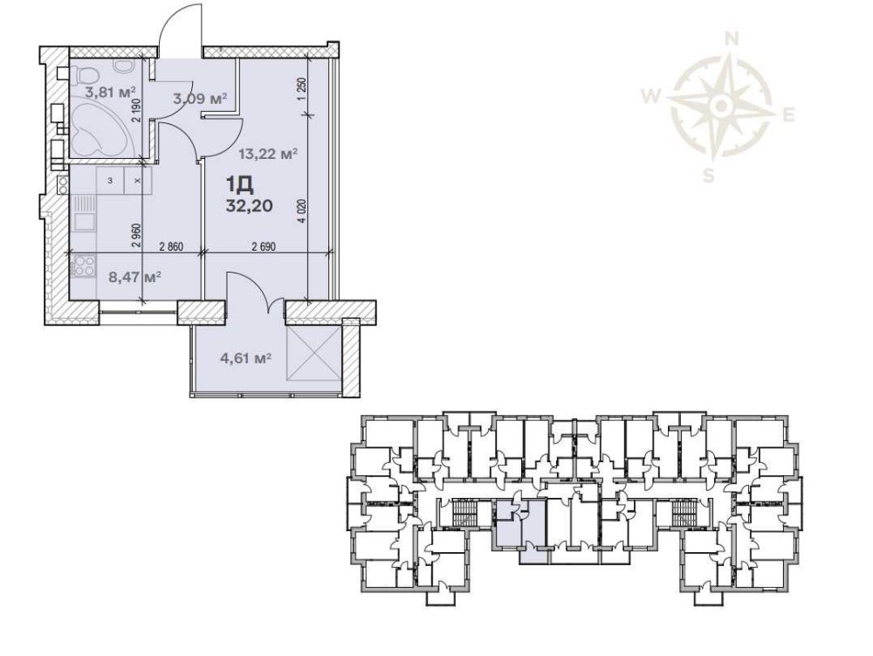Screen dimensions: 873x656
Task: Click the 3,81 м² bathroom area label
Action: pos(111,92)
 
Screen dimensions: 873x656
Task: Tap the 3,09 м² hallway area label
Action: pos(200,99)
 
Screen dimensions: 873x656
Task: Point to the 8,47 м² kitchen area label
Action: pos(135,276)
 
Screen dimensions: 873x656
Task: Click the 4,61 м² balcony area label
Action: pos(245,357)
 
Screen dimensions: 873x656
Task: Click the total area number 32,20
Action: pos(249,206)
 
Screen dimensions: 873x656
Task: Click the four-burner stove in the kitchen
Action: pos(83,266)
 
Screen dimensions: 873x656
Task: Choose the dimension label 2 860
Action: pos(171,247)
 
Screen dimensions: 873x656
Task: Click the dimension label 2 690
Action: pos(264,247)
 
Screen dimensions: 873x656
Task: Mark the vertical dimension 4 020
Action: pos(302,211)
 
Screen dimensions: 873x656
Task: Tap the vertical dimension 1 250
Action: pos(302,88)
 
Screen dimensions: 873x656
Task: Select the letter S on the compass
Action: pos(708,176)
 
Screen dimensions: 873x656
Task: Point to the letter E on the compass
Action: pos(788,116)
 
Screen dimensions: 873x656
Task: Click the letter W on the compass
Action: pos(650,97)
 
